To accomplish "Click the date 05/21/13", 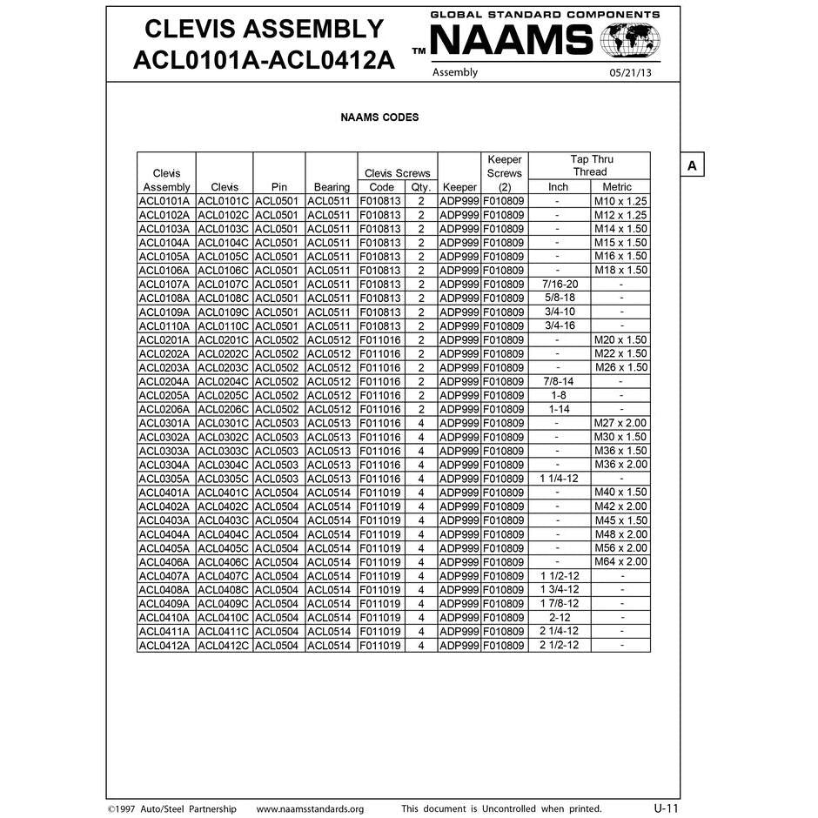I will (x=630, y=73).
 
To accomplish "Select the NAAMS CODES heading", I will (x=379, y=117).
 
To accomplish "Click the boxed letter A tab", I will (x=691, y=165).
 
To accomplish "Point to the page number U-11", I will (x=666, y=808).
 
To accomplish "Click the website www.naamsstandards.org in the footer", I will (x=310, y=808).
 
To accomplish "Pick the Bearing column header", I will (x=332, y=187).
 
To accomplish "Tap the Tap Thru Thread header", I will (x=591, y=165).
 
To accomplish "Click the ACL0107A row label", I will (x=166, y=285).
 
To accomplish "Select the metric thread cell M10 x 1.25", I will (x=620, y=201).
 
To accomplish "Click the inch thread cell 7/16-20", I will (x=559, y=285).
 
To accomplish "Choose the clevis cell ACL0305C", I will (x=225, y=479).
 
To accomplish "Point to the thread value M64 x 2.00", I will (x=620, y=562).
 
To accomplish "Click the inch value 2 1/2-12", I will (x=559, y=645).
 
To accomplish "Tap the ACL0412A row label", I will (x=166, y=645).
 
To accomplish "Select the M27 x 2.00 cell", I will (x=620, y=423).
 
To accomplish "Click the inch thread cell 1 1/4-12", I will (x=559, y=479).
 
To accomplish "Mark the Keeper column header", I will (x=459, y=187).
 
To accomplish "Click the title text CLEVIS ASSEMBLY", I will (x=264, y=29).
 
